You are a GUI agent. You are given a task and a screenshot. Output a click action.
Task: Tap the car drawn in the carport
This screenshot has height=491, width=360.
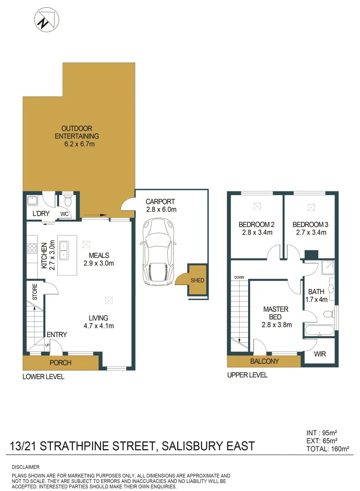tap(158, 252)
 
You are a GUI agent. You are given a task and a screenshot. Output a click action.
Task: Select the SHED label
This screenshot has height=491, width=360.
tap(197, 281)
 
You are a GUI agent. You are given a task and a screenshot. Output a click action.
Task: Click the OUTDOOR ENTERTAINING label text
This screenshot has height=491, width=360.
tap(77, 132)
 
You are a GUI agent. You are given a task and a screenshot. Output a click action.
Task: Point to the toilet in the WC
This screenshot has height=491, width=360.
tap(68, 200)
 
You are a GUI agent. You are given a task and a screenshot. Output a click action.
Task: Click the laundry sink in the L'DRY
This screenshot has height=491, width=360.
tap(32, 200)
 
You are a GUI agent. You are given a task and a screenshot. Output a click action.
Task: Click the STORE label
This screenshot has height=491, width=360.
tap(35, 292)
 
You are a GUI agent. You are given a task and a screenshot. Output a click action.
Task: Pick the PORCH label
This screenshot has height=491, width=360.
tap(61, 363)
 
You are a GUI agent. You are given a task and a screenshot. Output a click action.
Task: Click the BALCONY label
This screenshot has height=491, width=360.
tap(264, 361)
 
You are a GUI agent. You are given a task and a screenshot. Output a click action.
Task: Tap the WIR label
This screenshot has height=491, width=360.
tap(320, 354)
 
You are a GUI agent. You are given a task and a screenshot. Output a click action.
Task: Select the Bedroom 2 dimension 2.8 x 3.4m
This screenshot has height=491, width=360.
tap(256, 233)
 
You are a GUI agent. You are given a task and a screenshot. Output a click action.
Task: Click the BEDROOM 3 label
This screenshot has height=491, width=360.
tap(310, 225)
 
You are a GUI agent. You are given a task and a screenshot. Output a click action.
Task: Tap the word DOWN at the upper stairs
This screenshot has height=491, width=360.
tap(239, 277)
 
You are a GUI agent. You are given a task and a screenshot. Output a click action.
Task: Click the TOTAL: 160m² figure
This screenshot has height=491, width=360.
tap(327, 449)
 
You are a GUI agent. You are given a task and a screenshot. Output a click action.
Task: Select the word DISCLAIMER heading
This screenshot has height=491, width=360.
tap(25, 467)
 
